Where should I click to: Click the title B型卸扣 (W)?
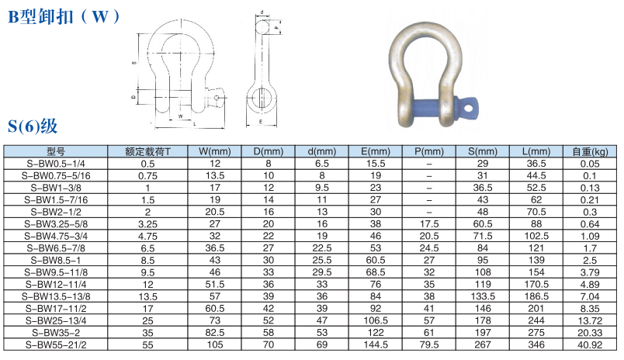(64, 17)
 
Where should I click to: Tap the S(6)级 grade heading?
(33, 126)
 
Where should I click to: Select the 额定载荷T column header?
(147, 151)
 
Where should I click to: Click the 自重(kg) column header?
(590, 151)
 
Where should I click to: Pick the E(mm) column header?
(376, 151)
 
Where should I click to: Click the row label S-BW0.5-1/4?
(56, 164)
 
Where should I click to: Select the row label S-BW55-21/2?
(56, 344)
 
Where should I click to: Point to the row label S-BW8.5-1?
(56, 260)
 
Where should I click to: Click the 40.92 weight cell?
(590, 344)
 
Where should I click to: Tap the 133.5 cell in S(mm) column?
(483, 296)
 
